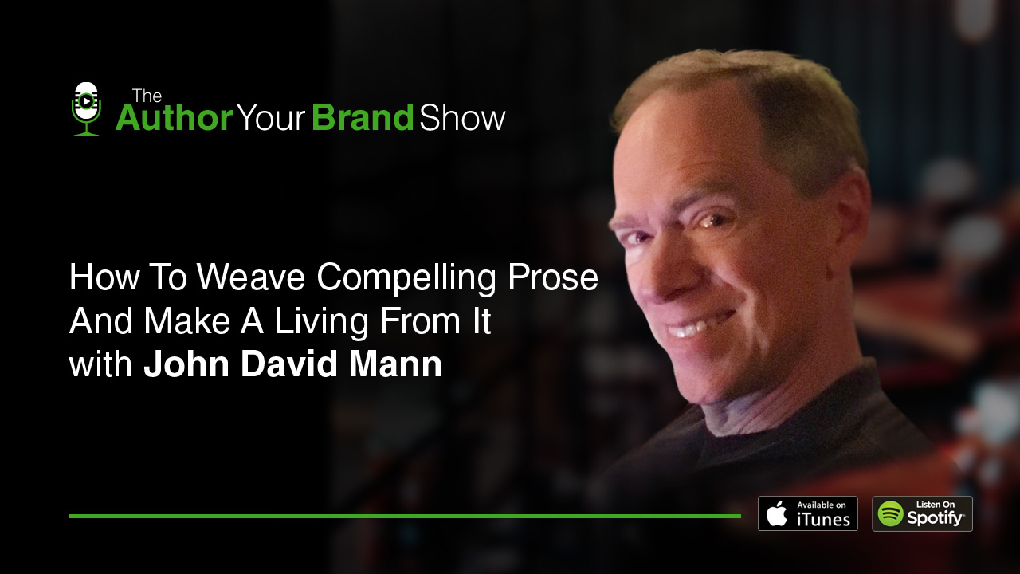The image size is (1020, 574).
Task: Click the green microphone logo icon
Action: click(85, 109)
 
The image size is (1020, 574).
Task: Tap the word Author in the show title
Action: click(174, 118)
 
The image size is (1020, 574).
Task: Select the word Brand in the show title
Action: click(363, 118)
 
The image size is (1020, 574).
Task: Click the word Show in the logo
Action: click(462, 118)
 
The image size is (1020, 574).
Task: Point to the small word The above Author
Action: click(147, 96)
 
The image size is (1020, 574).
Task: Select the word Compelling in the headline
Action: click(410, 277)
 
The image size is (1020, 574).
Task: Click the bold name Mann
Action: click(398, 364)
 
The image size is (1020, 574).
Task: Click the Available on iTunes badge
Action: click(807, 513)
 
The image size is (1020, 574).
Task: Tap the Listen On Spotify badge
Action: click(922, 513)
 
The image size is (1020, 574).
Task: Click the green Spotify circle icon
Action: click(891, 513)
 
